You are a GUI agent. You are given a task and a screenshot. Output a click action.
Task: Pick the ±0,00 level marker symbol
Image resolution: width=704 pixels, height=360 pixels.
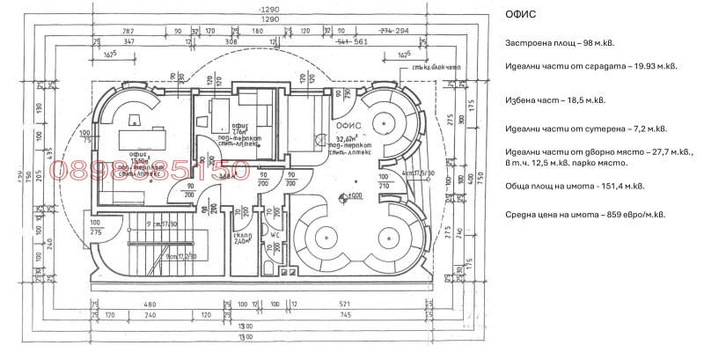[x=352, y=195]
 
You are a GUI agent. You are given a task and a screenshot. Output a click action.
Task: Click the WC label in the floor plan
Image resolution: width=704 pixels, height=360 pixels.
[x=275, y=235]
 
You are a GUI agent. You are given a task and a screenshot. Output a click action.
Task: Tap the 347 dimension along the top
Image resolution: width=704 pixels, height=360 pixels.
[x=128, y=41]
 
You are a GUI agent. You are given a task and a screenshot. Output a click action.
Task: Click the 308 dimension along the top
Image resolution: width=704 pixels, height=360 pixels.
[x=232, y=41]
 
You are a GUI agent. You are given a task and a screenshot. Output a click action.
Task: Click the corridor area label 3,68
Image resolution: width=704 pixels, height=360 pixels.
[x=228, y=177]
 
